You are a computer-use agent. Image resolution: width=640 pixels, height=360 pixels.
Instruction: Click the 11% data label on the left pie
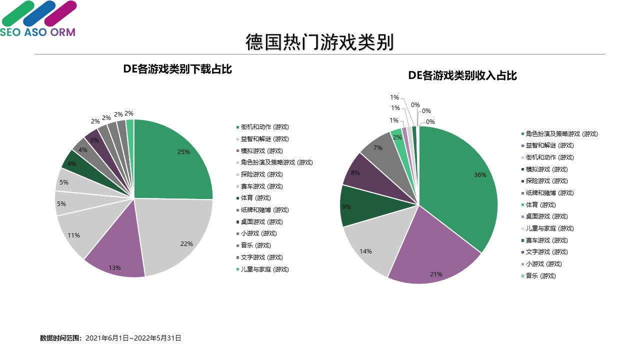(x=74, y=235)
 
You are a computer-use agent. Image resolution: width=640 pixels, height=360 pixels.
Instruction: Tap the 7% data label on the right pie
(x=378, y=148)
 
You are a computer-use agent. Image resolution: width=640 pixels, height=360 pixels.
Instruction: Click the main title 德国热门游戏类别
(x=319, y=42)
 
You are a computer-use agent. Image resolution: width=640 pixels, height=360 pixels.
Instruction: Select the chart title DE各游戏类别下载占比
(x=177, y=69)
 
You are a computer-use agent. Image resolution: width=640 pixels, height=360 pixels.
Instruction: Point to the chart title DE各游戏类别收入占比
(x=462, y=76)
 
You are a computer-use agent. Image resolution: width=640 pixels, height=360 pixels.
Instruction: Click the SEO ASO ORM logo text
(x=38, y=32)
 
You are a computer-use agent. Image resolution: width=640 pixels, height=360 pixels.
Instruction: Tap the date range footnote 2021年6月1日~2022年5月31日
(x=133, y=338)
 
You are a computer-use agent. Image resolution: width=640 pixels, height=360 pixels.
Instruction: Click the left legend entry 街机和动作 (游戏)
(x=264, y=127)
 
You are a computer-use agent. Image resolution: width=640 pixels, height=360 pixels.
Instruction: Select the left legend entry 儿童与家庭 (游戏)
(x=264, y=269)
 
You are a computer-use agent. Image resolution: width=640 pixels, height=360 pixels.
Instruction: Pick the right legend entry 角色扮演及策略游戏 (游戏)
(x=561, y=134)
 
